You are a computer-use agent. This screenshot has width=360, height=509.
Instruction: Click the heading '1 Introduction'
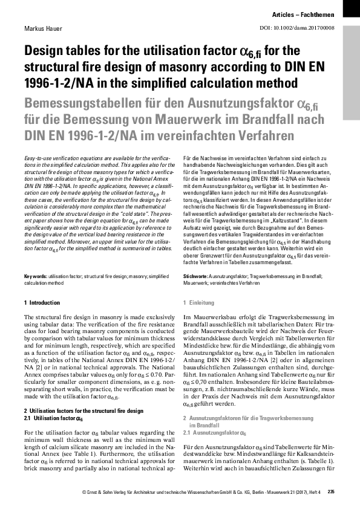point(42,302)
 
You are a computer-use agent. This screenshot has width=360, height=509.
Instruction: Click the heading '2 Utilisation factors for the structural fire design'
point(83,410)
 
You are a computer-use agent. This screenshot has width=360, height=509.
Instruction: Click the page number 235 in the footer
point(331,491)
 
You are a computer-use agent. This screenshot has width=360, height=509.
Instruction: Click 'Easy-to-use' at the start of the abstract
point(38,156)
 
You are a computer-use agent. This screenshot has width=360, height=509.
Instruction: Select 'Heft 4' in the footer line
point(315,491)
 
